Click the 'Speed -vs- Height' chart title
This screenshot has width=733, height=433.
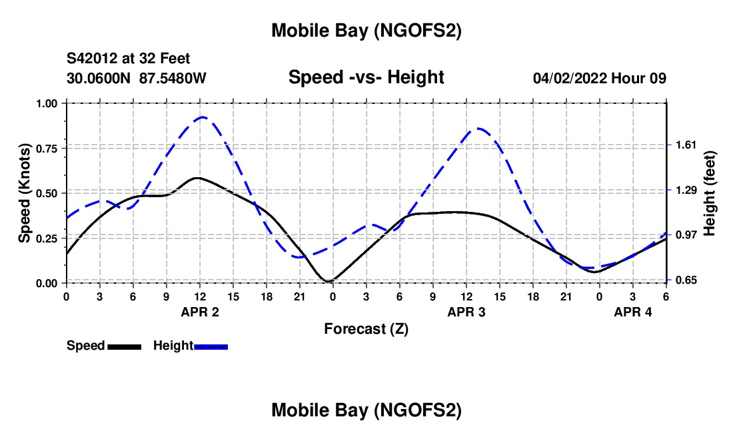(366, 77)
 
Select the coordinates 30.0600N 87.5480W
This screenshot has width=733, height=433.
(137, 78)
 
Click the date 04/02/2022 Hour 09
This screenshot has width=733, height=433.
(599, 78)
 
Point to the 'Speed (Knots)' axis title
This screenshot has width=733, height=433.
(25, 193)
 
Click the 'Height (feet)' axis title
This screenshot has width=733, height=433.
(709, 193)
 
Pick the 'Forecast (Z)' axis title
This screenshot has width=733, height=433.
(366, 328)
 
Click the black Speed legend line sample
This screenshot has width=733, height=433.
(125, 346)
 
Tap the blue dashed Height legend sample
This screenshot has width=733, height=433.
(211, 346)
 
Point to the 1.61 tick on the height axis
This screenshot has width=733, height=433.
(685, 145)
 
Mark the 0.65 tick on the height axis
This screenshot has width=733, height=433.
(685, 280)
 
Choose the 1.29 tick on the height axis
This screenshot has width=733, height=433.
(685, 191)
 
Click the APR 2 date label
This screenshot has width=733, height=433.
(200, 312)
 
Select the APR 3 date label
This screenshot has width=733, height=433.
(466, 312)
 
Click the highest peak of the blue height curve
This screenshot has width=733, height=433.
(202, 117)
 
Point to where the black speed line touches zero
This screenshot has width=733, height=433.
(329, 282)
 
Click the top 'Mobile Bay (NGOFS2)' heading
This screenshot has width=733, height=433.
(366, 31)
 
